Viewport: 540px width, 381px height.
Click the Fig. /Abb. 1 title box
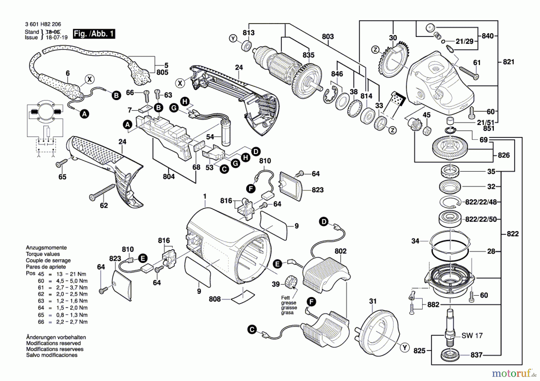point(94,34)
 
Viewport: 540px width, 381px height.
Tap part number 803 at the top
point(328,37)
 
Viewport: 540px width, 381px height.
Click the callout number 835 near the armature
point(308,55)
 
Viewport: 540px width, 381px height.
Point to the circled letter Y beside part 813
point(233,38)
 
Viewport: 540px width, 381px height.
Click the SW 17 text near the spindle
point(472,336)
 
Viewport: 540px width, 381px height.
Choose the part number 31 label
point(373,301)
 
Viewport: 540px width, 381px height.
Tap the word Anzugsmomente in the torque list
point(46,248)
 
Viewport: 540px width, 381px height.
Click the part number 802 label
point(340,251)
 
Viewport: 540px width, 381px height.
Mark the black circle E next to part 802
point(277,264)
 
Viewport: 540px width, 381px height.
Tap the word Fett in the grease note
point(285,298)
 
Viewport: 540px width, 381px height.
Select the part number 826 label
point(504,155)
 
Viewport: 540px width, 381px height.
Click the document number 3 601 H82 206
point(43,24)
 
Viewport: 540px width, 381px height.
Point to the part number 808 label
point(215,299)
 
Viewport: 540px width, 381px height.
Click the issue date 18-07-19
point(57,37)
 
